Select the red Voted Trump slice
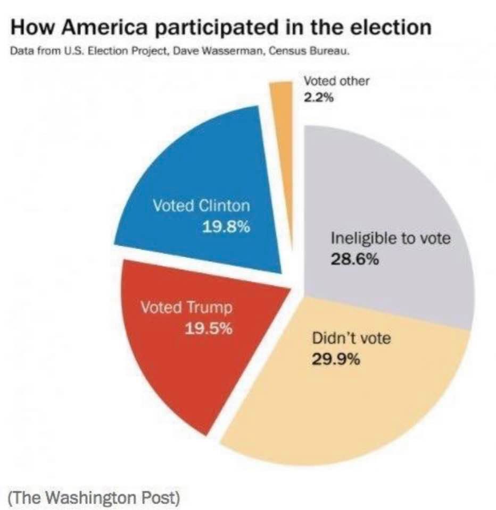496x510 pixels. point(176,361)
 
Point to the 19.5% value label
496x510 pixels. point(208,328)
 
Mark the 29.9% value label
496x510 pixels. point(335,360)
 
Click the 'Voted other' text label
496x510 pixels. point(336,81)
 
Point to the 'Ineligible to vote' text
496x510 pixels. point(390,237)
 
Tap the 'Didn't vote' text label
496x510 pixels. point(351,338)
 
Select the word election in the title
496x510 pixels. point(391,27)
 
